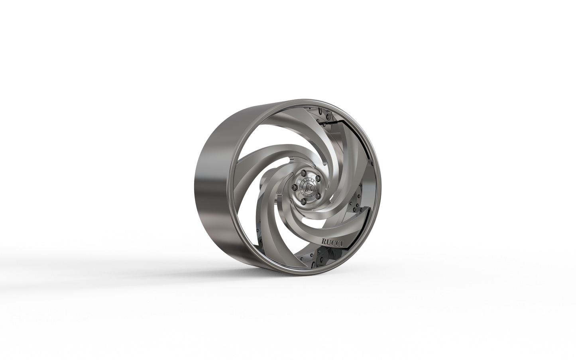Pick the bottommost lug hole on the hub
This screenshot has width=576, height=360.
pos(303,202)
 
